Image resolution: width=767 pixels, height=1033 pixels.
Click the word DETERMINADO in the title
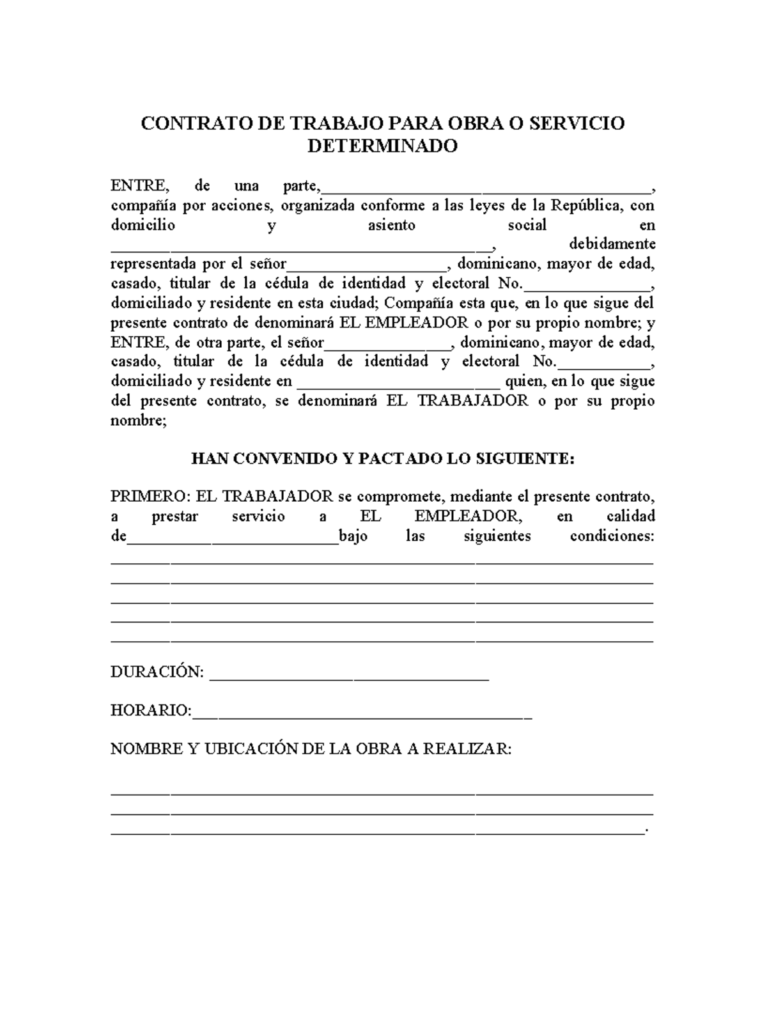(x=382, y=146)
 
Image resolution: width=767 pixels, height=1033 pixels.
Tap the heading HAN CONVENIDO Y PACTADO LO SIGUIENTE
(x=383, y=459)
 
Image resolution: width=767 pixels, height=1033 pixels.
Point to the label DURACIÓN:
(x=157, y=672)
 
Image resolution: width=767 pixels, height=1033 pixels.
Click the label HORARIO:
(x=151, y=711)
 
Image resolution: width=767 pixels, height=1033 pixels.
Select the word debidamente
(x=612, y=244)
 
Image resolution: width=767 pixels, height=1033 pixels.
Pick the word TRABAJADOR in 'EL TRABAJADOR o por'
(x=473, y=401)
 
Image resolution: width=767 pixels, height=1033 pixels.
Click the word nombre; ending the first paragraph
(x=138, y=421)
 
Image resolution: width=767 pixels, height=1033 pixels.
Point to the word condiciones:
(x=612, y=536)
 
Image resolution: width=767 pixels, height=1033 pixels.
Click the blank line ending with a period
(x=377, y=832)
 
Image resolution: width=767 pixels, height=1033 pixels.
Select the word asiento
(x=391, y=225)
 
